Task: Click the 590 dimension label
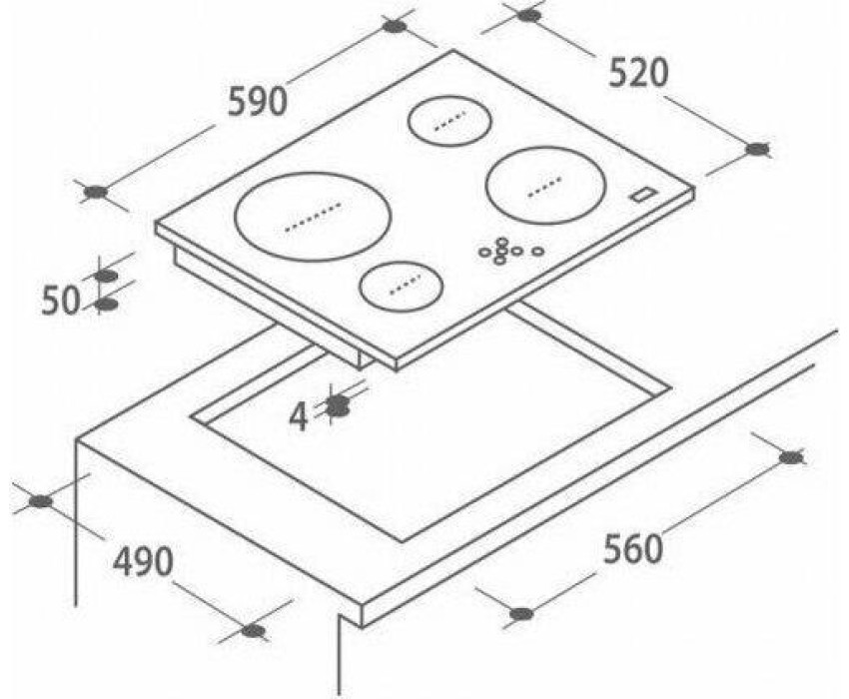[x=257, y=102]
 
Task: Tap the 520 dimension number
[x=638, y=73]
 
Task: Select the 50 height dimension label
[x=61, y=302]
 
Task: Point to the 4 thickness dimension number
[x=299, y=417]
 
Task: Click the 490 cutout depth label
[x=143, y=561]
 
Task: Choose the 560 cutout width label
[x=633, y=548]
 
